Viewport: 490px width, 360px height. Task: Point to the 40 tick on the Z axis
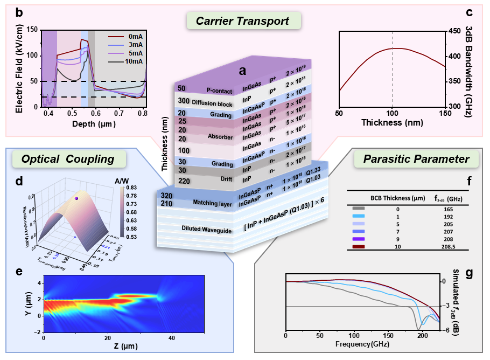click(172, 337)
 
